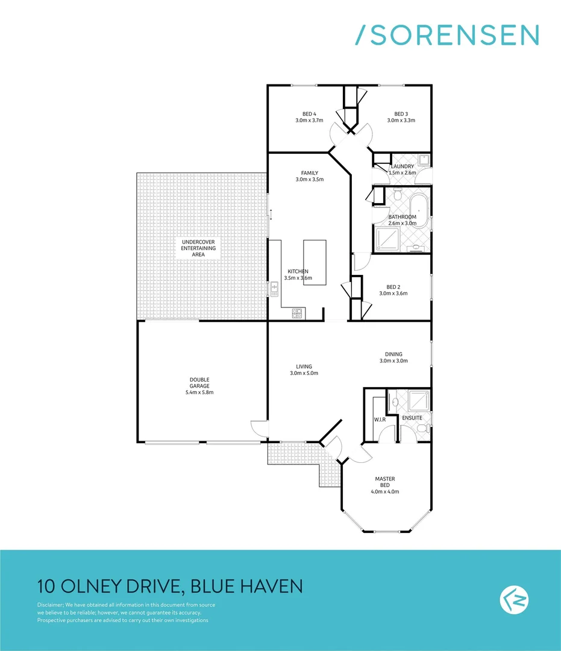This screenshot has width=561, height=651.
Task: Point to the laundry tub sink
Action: (424, 160)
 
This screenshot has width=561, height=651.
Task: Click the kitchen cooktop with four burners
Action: (297, 313)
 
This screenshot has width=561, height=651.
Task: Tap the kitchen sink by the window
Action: (274, 290)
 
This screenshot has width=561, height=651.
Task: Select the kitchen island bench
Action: (314, 262)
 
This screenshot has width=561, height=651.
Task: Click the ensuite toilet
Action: (424, 427)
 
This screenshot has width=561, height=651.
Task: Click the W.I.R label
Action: (380, 419)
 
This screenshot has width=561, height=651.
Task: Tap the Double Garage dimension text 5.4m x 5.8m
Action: (199, 392)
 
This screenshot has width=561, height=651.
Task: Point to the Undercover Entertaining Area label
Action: (198, 248)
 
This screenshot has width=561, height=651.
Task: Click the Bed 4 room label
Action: (310, 114)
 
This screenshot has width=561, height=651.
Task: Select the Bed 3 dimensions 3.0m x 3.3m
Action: (401, 121)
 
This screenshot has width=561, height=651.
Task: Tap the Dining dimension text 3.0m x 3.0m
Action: (393, 361)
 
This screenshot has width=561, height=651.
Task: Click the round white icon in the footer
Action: (513, 599)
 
